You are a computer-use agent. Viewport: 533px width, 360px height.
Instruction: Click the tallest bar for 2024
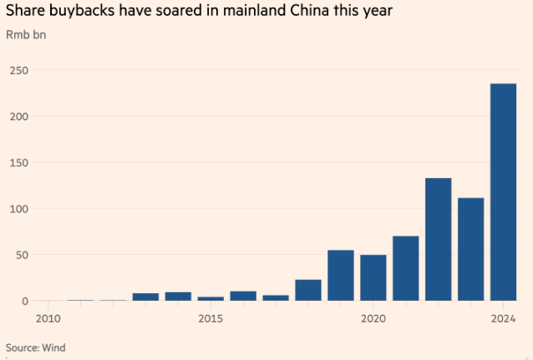point(503,192)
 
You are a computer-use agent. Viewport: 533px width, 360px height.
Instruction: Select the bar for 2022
point(438,240)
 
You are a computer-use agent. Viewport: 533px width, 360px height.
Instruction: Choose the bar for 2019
point(340,276)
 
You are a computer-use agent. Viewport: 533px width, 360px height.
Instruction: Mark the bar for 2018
point(308,290)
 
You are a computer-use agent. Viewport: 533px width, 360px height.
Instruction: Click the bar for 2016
point(243,296)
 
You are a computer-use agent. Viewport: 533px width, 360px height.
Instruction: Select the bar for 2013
point(145,297)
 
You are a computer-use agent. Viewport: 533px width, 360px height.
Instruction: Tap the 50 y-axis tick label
point(18,254)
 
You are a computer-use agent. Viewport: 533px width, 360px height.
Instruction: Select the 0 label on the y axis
point(24,301)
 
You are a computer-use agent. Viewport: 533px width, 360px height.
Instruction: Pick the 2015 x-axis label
point(211,318)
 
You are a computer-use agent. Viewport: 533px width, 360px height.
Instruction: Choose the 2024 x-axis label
point(503,318)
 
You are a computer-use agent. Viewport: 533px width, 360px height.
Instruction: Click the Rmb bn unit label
point(26,35)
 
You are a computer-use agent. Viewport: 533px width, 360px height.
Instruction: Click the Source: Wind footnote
point(35,347)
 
